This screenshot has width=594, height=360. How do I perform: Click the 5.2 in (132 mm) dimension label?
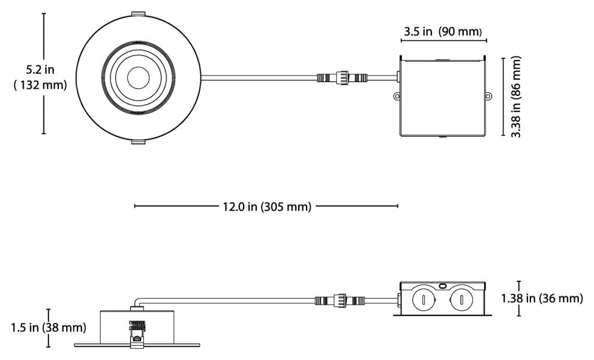click(x=40, y=77)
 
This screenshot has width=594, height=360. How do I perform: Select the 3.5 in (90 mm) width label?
click(x=443, y=31)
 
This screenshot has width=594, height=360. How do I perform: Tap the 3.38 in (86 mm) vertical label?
click(x=516, y=97)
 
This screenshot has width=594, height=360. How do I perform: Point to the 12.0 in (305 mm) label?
click(x=266, y=206)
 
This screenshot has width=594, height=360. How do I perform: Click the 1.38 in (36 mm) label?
click(x=542, y=298)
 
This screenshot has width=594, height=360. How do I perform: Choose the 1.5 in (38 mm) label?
click(x=49, y=328)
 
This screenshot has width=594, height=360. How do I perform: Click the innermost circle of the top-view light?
click(x=138, y=77)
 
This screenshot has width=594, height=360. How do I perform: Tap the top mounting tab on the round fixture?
click(x=138, y=14)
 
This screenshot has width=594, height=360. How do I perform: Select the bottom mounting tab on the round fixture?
click(x=138, y=142)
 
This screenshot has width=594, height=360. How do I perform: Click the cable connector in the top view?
click(x=342, y=77)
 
